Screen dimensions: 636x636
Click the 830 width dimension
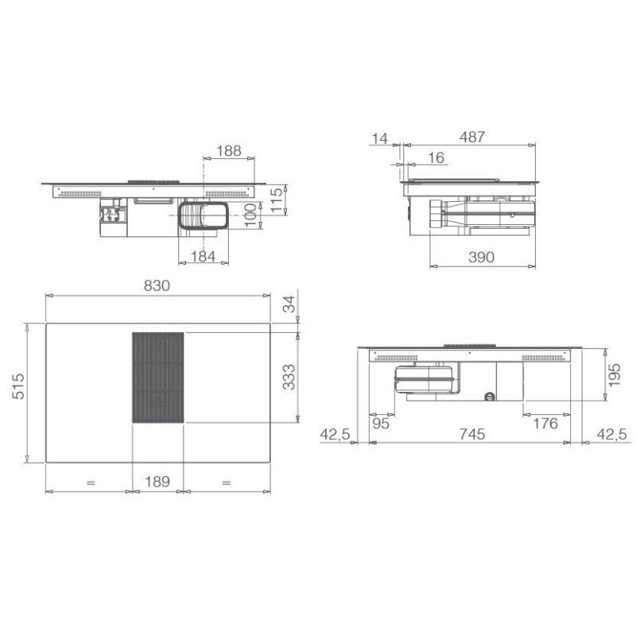coord(157,286)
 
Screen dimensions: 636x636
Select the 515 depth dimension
coord(18,386)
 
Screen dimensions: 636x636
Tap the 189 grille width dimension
coord(157,482)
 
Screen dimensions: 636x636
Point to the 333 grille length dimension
coord(289,377)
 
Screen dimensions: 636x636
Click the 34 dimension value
coord(289,304)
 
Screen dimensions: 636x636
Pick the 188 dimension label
coord(229,151)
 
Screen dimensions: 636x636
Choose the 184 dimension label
coord(203,256)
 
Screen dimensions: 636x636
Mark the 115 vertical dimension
coord(276,200)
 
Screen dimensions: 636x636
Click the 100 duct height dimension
coord(250,215)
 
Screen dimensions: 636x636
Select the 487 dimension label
coord(472,137)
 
